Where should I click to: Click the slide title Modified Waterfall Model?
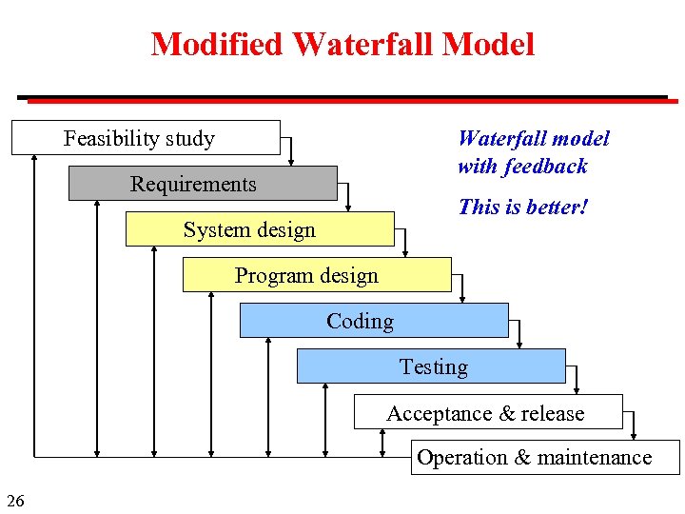(x=342, y=44)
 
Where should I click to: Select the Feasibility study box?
(x=146, y=138)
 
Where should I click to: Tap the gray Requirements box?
(x=202, y=184)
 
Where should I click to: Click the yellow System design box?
(x=259, y=229)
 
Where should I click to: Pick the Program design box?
(x=316, y=275)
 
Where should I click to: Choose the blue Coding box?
(x=373, y=321)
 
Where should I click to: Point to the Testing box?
(x=431, y=366)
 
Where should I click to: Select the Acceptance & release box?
(x=487, y=412)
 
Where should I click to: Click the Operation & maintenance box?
(x=546, y=457)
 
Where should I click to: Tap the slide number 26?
(x=15, y=500)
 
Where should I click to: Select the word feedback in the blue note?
(x=546, y=167)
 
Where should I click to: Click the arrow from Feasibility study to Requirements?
(x=292, y=148)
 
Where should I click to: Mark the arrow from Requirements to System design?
(x=349, y=193)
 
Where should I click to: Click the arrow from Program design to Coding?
(x=463, y=285)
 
